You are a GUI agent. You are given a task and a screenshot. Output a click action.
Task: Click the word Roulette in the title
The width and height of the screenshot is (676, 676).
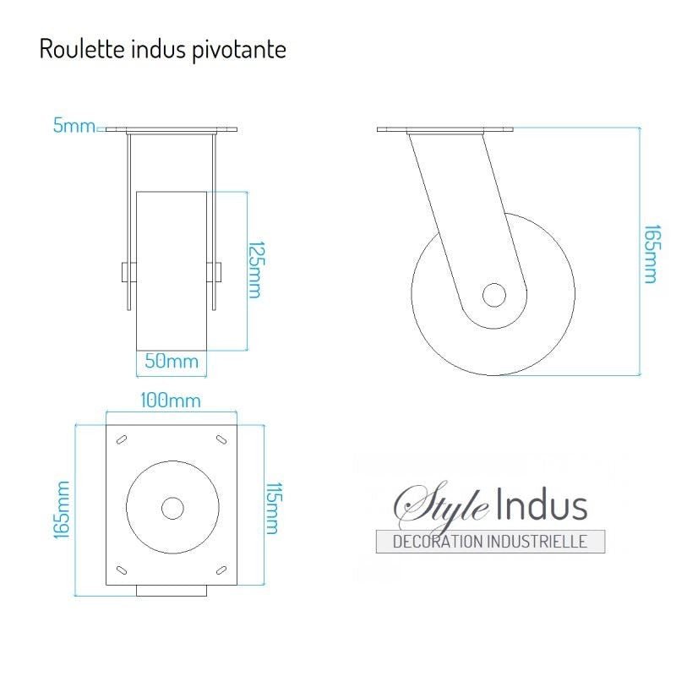coord(72,49)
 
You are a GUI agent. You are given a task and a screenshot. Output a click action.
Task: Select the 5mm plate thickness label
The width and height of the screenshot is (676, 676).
coord(74,127)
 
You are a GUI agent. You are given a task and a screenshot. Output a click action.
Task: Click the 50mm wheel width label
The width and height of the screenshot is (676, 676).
coord(172,362)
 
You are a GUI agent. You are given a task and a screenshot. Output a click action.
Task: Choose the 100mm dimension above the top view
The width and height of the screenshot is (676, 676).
coord(172,400)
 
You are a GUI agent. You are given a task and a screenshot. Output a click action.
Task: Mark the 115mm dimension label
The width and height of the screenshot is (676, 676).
coord(272,508)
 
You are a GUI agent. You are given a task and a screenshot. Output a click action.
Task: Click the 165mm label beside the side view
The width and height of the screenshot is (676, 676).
coord(650,253)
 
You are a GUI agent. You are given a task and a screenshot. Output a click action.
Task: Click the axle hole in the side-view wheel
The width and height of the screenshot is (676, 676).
coord(494,295)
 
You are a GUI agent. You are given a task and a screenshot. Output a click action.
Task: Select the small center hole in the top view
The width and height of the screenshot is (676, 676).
coord(172,508)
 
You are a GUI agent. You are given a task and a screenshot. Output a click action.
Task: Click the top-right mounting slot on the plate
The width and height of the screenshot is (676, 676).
coord(222,439)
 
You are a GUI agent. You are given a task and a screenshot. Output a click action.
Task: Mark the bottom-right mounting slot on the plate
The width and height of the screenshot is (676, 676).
coord(222,568)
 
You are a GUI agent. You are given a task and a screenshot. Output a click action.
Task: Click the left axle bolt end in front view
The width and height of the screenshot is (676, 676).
coord(125,272)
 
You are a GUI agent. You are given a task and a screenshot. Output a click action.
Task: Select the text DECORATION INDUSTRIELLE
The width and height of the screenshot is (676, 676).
coord(490,542)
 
